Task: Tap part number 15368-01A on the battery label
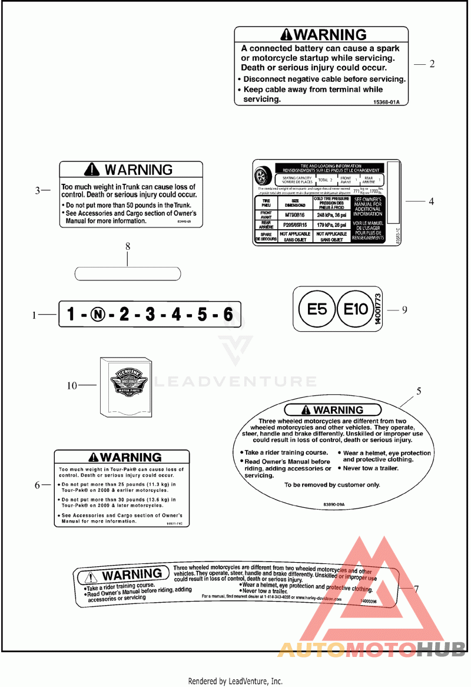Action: point(386,101)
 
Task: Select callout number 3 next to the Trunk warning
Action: point(38,190)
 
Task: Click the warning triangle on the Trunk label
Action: point(92,170)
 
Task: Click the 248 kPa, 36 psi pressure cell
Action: point(332,216)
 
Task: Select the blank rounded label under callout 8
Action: point(127,273)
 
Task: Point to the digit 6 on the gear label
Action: point(228,315)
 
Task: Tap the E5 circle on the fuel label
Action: point(317,309)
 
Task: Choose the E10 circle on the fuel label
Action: point(356,309)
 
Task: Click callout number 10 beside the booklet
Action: point(72,386)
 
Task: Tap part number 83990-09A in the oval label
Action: point(333,504)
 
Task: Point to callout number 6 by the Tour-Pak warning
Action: point(38,485)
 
